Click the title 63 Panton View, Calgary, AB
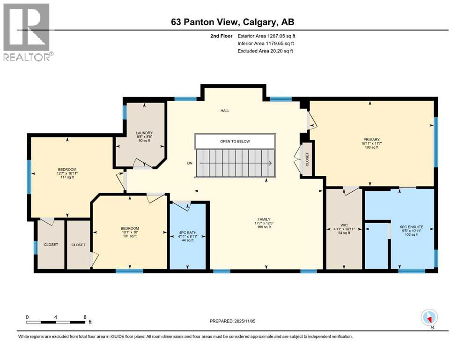[x=232, y=22]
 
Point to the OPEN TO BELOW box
[x=235, y=141]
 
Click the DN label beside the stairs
[x=190, y=163]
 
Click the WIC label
[x=344, y=228]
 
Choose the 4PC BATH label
[x=188, y=236]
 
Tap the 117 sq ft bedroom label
[x=67, y=173]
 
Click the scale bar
[x=56, y=322]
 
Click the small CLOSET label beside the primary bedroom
[x=307, y=160]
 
